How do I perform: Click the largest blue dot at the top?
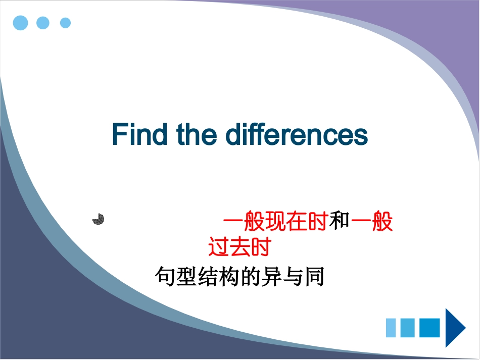pos(20,23)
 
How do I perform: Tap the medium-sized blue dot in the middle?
pos(43,23)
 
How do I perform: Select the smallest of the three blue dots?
pos(65,23)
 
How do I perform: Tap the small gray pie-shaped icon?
pos(99,219)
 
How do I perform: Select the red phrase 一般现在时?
pos(275,222)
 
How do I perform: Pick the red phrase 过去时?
pos(240,247)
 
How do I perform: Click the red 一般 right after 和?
pos(372,222)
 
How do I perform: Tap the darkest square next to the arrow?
pos(429,328)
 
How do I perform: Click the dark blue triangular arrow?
pos(454,328)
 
